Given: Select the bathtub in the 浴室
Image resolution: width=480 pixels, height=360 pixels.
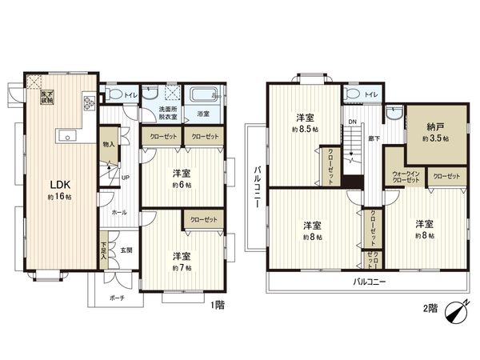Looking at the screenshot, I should [205, 96].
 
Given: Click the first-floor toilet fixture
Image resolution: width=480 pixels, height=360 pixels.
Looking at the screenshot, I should [114, 96].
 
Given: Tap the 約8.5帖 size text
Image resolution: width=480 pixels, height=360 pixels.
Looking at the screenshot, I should [306, 129].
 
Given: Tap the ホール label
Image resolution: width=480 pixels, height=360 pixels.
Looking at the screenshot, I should [118, 213].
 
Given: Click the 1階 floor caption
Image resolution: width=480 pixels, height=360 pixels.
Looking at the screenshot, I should [217, 304].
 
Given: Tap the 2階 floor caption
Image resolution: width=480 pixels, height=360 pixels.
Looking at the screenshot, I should [430, 307].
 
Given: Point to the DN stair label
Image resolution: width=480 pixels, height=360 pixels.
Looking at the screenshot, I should [350, 122].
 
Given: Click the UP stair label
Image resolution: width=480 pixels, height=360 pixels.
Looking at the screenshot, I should [125, 178].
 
